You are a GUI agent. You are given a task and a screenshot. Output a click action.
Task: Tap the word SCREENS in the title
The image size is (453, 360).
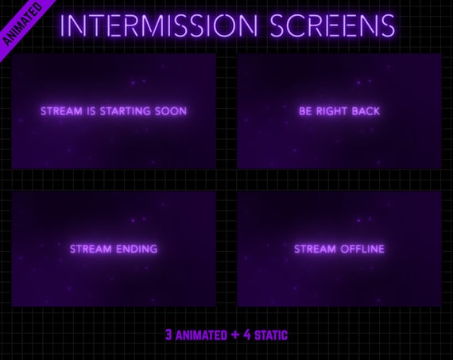pos(332,25)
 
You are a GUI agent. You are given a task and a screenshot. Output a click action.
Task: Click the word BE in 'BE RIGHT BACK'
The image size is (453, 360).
pos(305,111)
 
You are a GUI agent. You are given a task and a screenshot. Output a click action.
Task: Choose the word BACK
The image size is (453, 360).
pos(365,111)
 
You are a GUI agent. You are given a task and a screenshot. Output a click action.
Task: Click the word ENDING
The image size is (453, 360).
pos(136,249)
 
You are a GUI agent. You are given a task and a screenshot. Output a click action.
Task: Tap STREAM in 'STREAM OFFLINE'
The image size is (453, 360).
pos(316,249)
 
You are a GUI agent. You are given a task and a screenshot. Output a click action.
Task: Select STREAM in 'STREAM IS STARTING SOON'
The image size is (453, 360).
pos(61,111)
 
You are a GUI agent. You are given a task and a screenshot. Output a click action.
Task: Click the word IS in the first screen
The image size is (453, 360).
pos(92,111)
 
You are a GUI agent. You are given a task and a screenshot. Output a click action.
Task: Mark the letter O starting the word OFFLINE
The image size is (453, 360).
pos(344,249)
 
